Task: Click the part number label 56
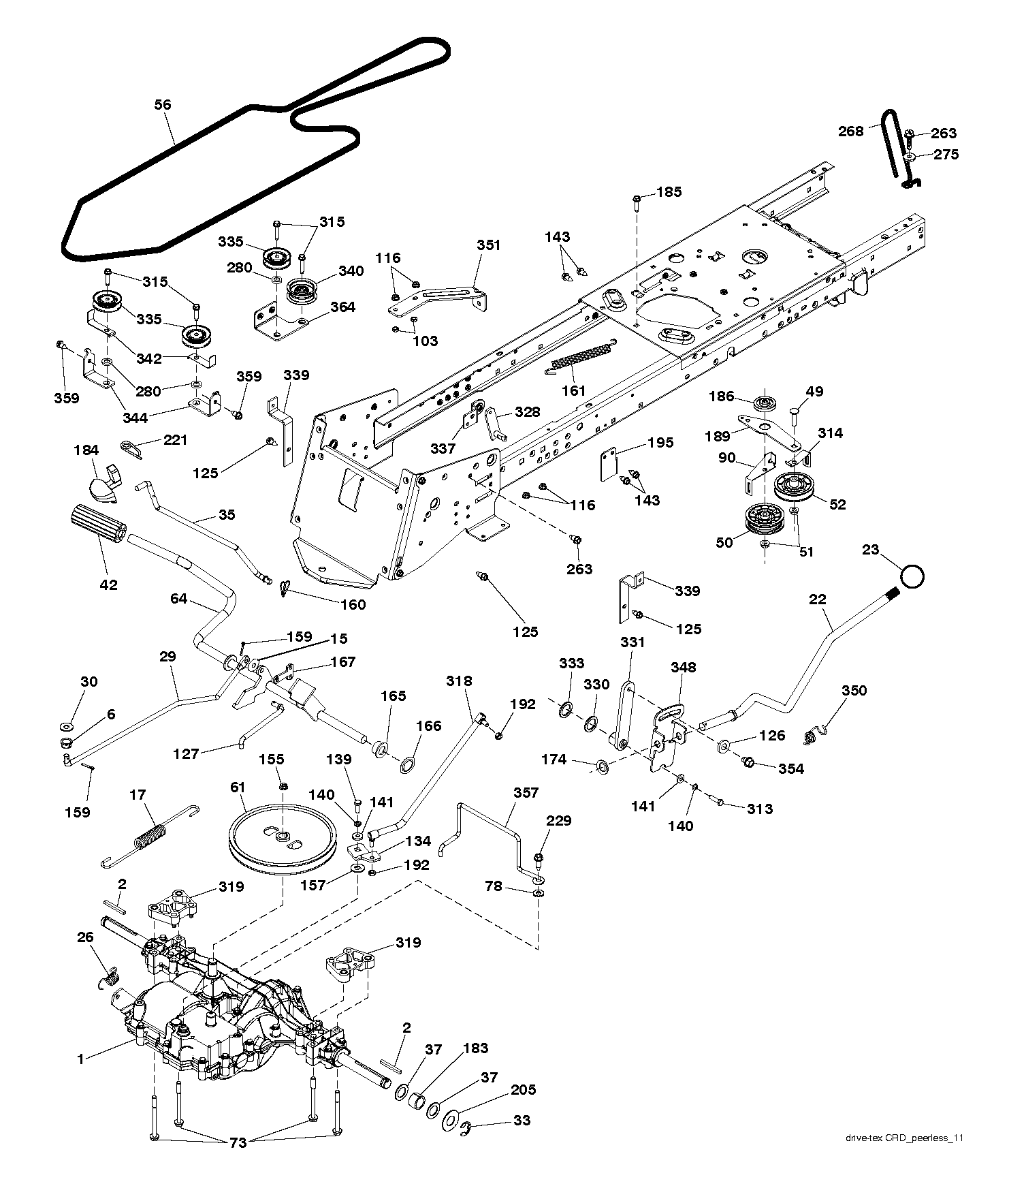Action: [163, 104]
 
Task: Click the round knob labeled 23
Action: [912, 576]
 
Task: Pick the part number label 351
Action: [488, 245]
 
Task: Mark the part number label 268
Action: [850, 131]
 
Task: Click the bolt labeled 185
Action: [636, 202]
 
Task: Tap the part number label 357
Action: [526, 792]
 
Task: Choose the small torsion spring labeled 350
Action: [814, 734]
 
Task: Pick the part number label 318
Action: [460, 681]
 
